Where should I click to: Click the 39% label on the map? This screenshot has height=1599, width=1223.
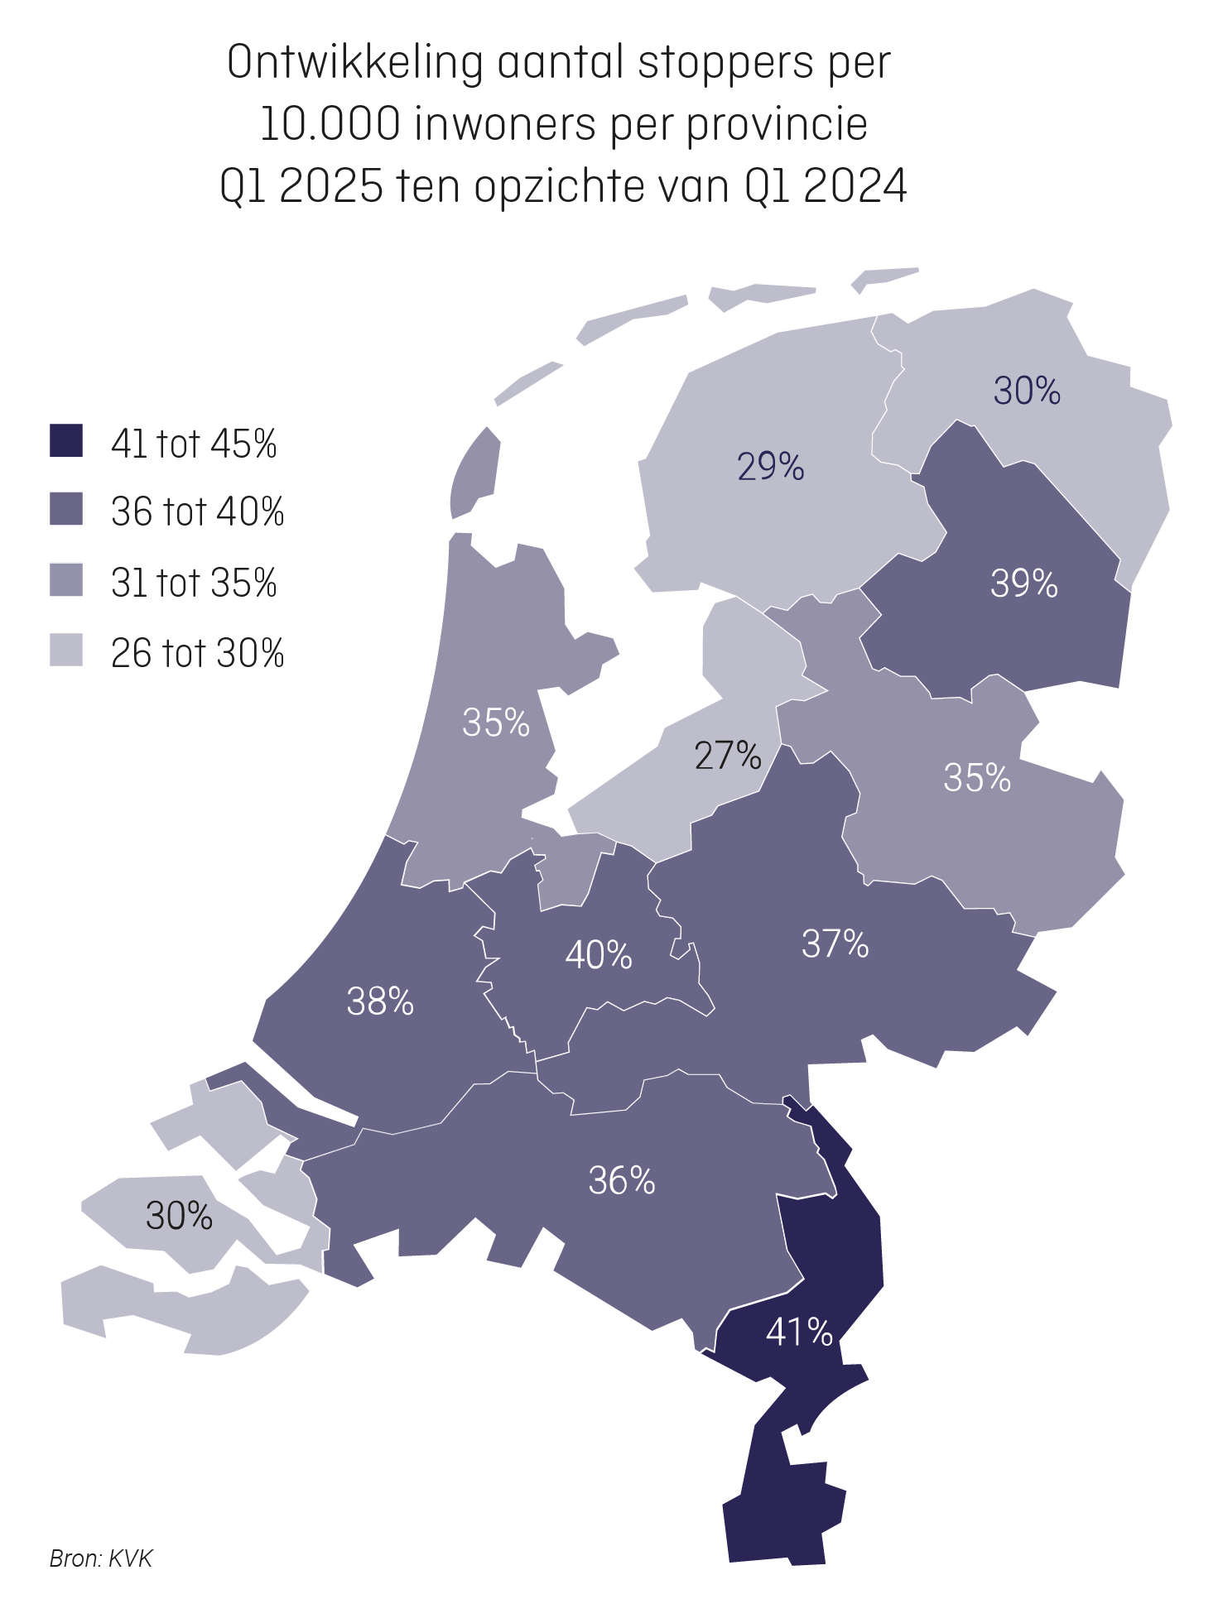click(x=1023, y=583)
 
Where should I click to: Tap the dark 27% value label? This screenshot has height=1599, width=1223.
click(x=727, y=755)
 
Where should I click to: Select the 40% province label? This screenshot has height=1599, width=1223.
click(x=598, y=955)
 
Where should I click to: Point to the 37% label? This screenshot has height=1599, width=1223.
click(x=835, y=944)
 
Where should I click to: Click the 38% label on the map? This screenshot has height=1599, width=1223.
click(x=380, y=1001)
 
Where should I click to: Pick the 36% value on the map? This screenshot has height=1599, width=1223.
click(x=621, y=1180)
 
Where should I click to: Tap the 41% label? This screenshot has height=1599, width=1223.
click(x=798, y=1332)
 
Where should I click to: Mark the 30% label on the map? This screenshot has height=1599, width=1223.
click(x=179, y=1216)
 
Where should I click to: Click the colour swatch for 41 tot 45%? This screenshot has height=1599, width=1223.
click(x=66, y=441)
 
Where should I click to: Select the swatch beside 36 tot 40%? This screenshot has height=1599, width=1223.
click(x=66, y=509)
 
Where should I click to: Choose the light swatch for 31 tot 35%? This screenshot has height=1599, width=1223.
click(x=66, y=579)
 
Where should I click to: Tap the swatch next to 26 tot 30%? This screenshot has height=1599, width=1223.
click(x=66, y=651)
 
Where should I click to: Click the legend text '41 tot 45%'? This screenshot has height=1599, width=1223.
click(x=193, y=444)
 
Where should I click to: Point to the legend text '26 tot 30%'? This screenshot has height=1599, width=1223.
click(x=197, y=653)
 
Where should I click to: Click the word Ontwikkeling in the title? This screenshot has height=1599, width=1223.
click(x=354, y=63)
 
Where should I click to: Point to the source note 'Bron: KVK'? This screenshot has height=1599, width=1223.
click(x=101, y=1558)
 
